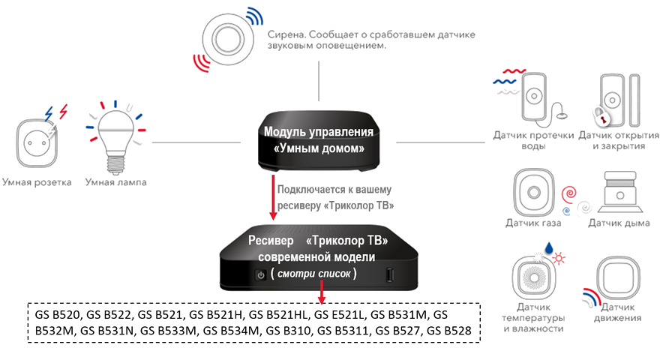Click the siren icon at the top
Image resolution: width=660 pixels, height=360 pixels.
(228, 40)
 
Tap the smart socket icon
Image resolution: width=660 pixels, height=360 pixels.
(36, 143)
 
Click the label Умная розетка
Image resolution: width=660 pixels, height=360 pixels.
(37, 182)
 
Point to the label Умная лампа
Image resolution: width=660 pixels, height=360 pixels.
(115, 182)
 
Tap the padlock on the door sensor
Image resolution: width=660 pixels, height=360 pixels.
(602, 116)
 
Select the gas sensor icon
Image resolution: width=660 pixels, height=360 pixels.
(534, 193)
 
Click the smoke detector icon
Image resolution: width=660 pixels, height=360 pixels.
(620, 193)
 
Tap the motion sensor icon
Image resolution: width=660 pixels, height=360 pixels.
(618, 277)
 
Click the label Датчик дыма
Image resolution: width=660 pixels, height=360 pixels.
(619, 223)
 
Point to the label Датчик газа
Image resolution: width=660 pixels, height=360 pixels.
(533, 223)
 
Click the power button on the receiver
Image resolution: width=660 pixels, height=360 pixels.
(261, 275)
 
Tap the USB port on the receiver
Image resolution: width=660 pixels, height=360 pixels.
(390, 275)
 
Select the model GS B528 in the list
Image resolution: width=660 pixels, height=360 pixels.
(448, 331)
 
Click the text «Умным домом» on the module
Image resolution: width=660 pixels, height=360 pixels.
(319, 148)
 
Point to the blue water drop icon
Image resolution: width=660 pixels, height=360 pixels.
(548, 248)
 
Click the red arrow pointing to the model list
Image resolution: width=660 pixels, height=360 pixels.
(322, 291)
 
